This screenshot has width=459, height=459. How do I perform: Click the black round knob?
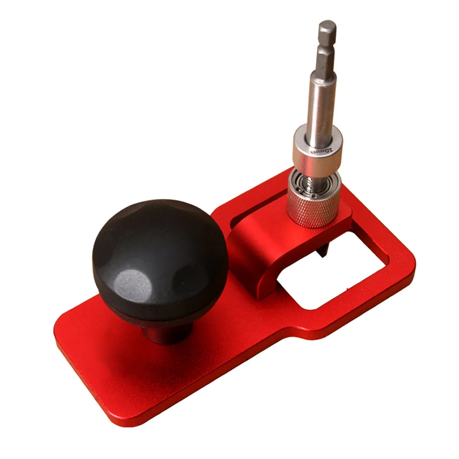click(x=160, y=257)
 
